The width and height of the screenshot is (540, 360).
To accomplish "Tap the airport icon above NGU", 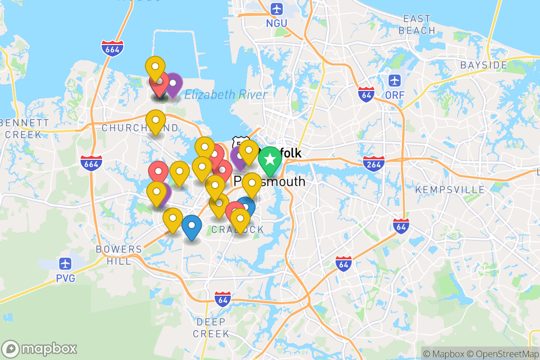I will pos(276,9).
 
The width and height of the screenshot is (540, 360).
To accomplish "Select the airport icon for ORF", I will pos(395,81).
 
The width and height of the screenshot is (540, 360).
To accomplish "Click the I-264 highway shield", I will pos(373,162).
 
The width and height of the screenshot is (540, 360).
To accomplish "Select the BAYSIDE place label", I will pos(483,65).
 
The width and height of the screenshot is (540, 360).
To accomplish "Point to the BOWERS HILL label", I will pos(119,255).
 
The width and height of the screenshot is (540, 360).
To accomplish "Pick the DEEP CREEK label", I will pos(211,328).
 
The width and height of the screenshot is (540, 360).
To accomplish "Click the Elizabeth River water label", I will pos(226,94).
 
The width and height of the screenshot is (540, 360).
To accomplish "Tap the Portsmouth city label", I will pos(270,182).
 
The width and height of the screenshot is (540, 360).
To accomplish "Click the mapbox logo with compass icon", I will pos(40,349).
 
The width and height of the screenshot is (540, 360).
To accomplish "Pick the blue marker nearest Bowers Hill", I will pos(192,227).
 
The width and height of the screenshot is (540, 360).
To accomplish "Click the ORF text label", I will pos(395,95).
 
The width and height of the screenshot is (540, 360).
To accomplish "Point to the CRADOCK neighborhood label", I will pos(238,230).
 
